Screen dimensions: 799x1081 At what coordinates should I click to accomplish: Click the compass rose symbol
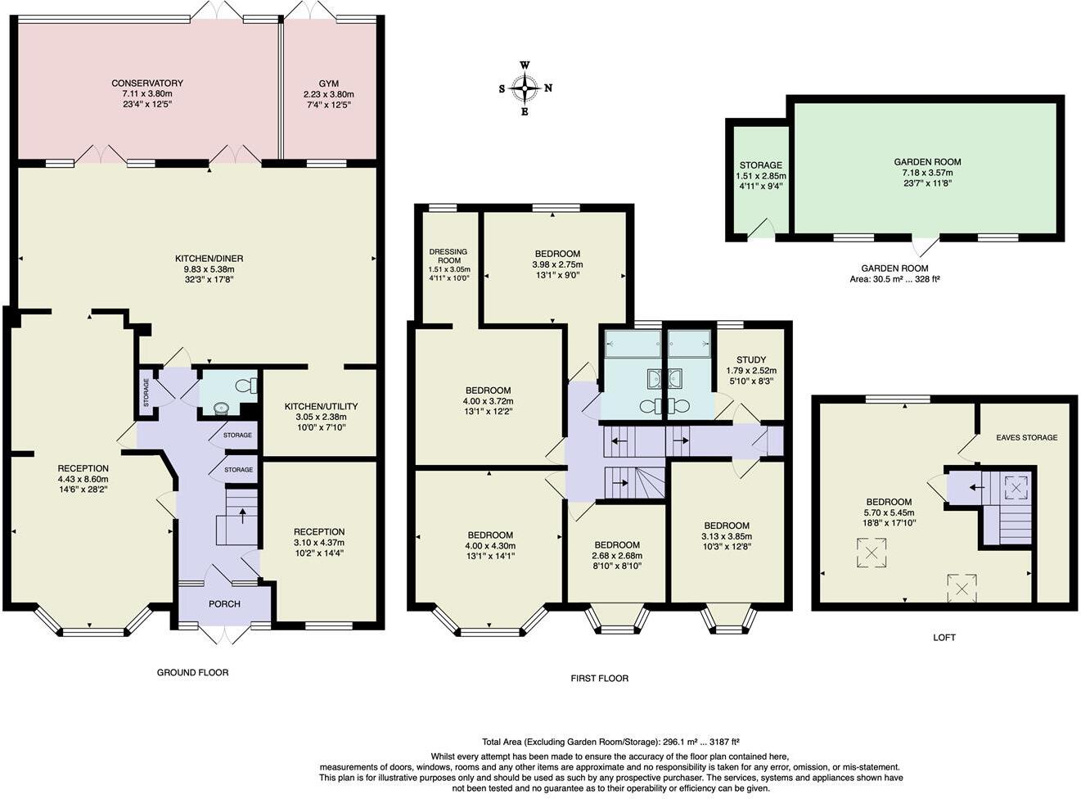click(x=525, y=88)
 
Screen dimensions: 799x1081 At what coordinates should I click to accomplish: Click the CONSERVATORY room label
click(x=147, y=83)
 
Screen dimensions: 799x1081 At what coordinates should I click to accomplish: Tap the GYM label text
click(x=328, y=84)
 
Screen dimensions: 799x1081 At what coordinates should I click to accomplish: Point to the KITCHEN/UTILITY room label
click(x=321, y=406)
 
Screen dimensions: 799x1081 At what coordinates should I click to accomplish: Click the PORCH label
click(x=224, y=604)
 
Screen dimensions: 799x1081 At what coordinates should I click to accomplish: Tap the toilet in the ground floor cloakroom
click(x=245, y=386)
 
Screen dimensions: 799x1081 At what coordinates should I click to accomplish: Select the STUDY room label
click(x=750, y=359)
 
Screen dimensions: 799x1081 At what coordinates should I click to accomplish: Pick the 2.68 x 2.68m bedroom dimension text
click(x=617, y=556)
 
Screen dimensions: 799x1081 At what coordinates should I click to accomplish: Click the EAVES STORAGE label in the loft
click(x=1026, y=437)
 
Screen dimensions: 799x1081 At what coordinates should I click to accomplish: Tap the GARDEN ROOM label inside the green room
click(x=927, y=162)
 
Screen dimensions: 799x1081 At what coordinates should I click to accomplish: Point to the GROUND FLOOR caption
click(x=192, y=672)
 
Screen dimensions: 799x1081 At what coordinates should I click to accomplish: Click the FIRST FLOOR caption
click(x=599, y=678)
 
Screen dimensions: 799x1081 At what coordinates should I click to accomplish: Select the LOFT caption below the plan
click(x=944, y=637)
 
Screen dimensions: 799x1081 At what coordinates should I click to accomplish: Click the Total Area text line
click(x=616, y=740)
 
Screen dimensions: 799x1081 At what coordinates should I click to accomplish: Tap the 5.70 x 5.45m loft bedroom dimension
click(x=889, y=512)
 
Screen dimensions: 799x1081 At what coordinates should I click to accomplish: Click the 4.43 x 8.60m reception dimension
click(x=83, y=479)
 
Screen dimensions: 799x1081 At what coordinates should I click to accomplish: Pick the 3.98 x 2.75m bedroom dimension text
click(x=557, y=264)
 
